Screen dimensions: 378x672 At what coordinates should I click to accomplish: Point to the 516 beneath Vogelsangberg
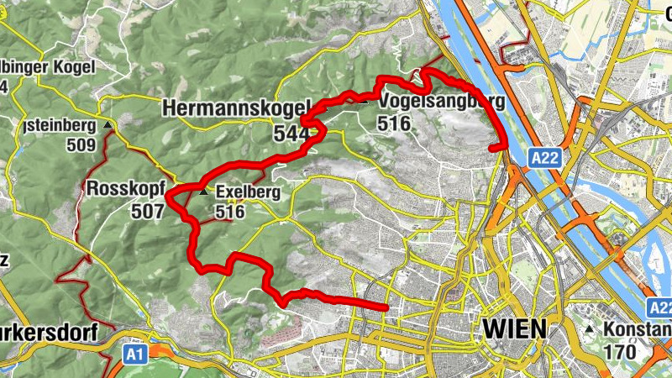pos(394,124)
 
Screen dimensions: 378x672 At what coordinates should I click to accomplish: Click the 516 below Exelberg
pos(229,212)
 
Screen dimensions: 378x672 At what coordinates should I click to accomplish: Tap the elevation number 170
pos(620,351)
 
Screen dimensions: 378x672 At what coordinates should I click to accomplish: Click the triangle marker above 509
pos(108,125)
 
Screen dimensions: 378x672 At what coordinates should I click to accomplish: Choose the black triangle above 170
pos(591,329)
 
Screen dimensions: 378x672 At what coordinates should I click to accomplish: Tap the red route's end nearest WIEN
pos(386,308)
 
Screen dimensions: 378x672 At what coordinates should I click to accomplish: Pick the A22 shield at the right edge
pos(660,308)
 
